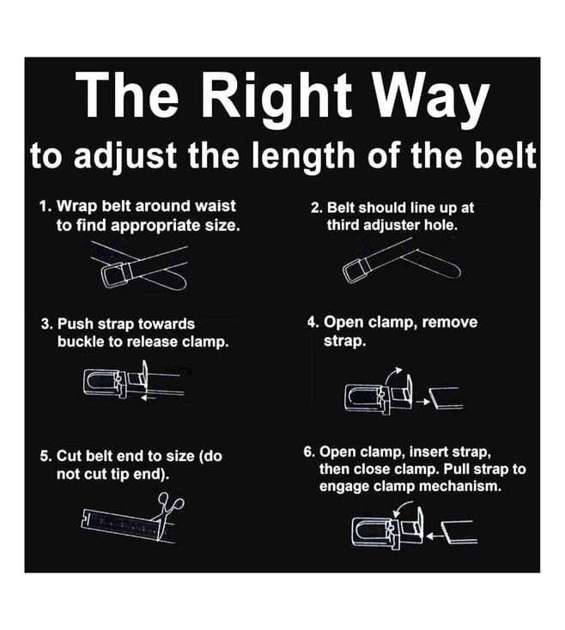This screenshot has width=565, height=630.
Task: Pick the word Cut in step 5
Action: click(x=70, y=457)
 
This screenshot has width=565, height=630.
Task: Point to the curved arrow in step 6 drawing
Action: click(x=402, y=508)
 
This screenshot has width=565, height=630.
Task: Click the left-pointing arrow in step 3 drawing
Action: click(x=149, y=397)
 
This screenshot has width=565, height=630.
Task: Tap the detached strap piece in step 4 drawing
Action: click(x=446, y=398)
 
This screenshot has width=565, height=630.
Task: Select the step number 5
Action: click(x=46, y=457)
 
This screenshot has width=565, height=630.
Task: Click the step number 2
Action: click(x=316, y=208)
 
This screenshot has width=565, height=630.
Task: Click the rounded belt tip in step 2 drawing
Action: click(x=453, y=270)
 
